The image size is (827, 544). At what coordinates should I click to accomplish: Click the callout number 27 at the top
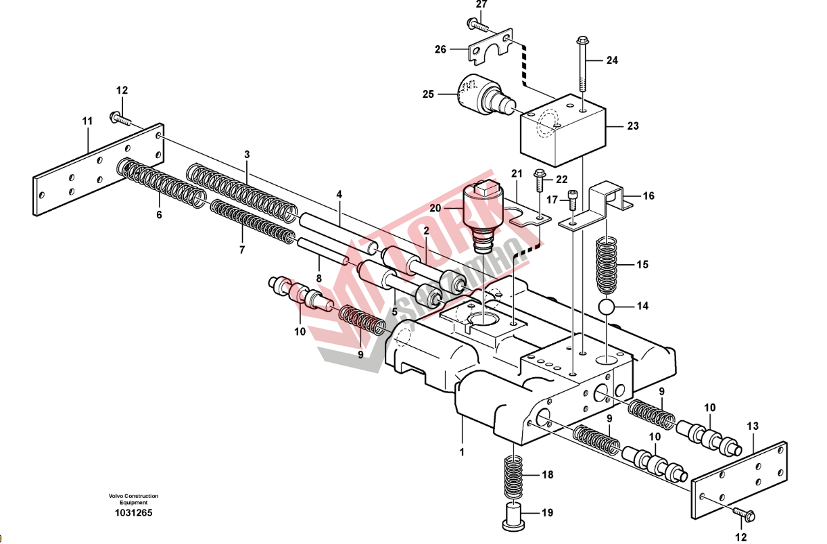481,5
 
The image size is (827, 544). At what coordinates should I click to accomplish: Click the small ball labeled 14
609,307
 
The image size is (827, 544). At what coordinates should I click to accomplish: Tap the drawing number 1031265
133,513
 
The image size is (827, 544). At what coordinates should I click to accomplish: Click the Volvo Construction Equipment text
133,499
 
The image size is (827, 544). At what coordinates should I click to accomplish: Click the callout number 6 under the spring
160,215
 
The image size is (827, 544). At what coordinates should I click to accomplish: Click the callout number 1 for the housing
463,450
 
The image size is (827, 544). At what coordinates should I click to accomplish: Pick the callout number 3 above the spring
247,155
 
